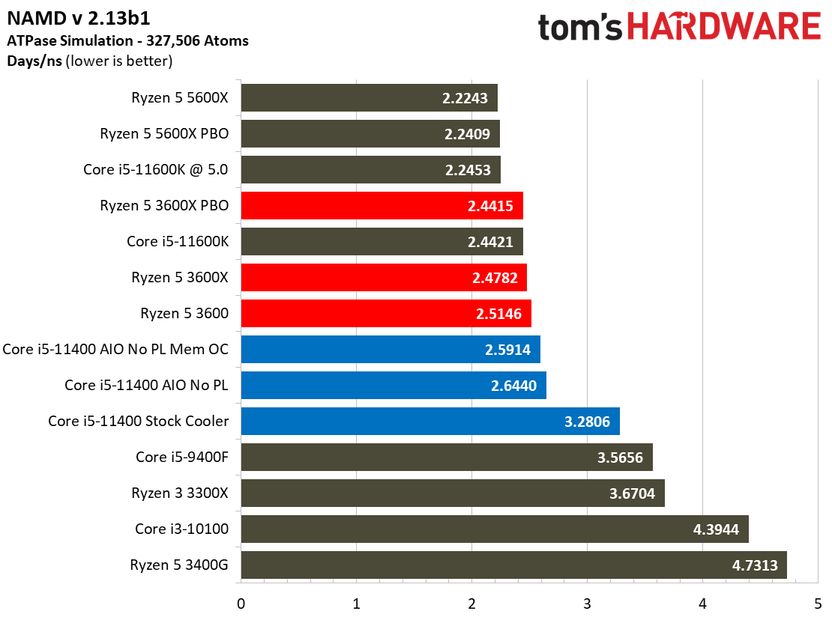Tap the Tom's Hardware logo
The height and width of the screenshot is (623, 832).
pyautogui.click(x=679, y=28)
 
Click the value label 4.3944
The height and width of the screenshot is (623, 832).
pyautogui.click(x=716, y=529)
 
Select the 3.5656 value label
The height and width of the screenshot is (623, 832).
pyautogui.click(x=620, y=458)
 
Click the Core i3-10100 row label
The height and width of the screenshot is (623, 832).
pyautogui.click(x=182, y=529)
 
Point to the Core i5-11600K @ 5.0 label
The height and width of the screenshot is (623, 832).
pyautogui.click(x=156, y=170)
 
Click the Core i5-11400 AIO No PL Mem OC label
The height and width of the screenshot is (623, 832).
pyautogui.click(x=116, y=350)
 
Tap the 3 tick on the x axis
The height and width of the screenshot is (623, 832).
pyautogui.click(x=587, y=604)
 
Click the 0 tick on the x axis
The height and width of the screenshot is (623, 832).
pyautogui.click(x=241, y=604)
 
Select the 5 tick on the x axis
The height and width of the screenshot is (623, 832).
pyautogui.click(x=818, y=604)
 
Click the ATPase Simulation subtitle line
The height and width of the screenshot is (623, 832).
pyautogui.click(x=127, y=40)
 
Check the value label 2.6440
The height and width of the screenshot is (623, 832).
pyautogui.click(x=514, y=386)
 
